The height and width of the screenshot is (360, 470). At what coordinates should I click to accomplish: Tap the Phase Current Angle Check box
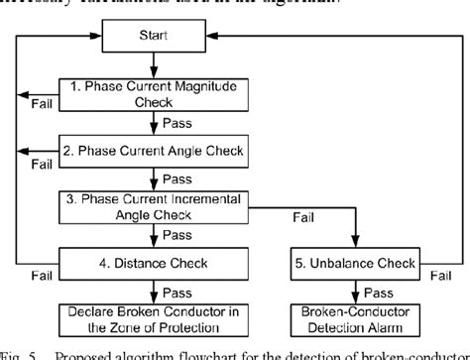click(150, 152)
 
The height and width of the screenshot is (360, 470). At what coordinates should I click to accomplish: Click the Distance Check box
click(150, 264)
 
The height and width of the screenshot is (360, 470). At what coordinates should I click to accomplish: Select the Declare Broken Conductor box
click(150, 322)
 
